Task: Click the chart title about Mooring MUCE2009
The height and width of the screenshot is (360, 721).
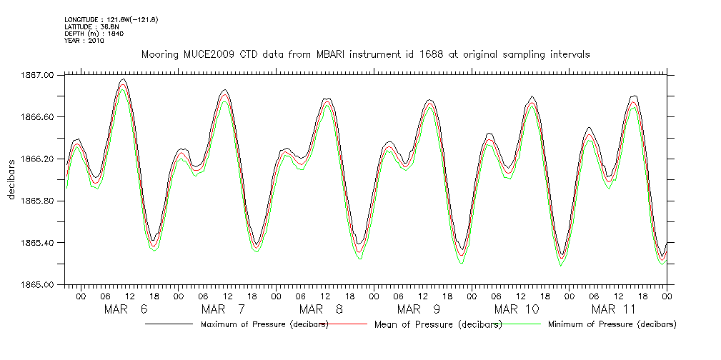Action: click(x=365, y=54)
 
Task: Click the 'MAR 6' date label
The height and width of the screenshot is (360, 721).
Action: click(x=126, y=309)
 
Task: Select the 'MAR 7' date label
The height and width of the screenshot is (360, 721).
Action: click(x=224, y=309)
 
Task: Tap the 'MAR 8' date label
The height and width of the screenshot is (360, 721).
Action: click(x=321, y=309)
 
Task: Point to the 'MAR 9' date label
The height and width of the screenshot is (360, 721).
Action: click(x=418, y=309)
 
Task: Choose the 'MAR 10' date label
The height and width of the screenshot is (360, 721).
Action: click(x=516, y=309)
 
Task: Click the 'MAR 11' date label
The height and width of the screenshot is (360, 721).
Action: click(x=613, y=309)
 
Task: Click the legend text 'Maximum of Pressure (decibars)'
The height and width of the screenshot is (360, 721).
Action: click(x=264, y=325)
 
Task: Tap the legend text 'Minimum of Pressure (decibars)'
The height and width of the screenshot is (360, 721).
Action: click(x=612, y=325)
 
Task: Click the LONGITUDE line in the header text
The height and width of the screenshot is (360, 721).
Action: click(x=111, y=19)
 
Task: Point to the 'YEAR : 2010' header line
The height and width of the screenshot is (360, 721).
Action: click(x=84, y=41)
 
